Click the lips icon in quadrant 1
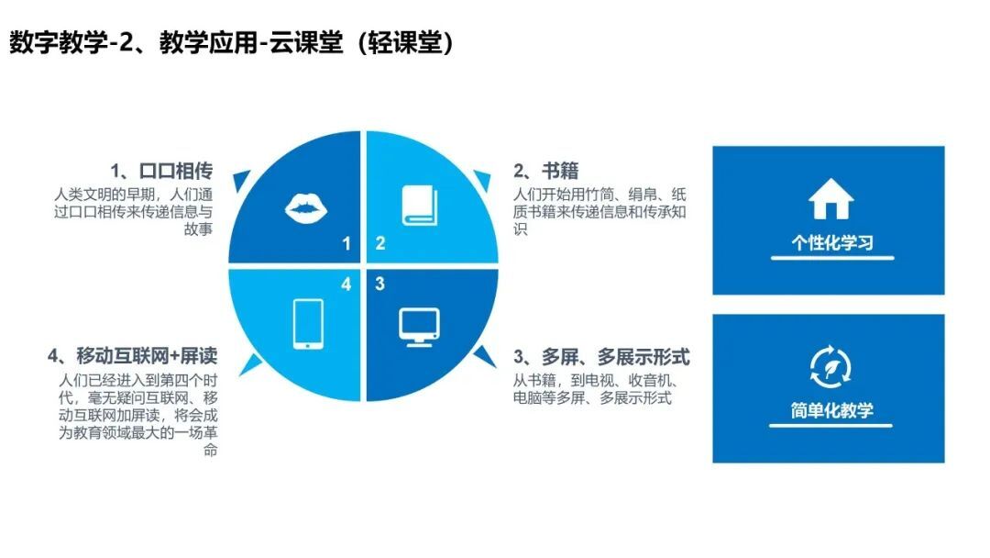pyautogui.click(x=306, y=208)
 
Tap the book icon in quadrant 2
pyautogui.click(x=420, y=205)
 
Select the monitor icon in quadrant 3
pyautogui.click(x=419, y=327)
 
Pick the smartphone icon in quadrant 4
pyautogui.click(x=308, y=324)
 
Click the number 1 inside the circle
pyautogui.click(x=346, y=243)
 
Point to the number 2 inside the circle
pyautogui.click(x=380, y=243)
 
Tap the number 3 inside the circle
pyautogui.click(x=379, y=284)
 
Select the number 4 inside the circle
pyautogui.click(x=346, y=285)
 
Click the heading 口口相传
pyautogui.click(x=175, y=171)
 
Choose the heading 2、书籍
pyautogui.click(x=545, y=171)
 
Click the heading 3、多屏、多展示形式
pyautogui.click(x=601, y=357)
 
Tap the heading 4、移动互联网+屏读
pyautogui.click(x=133, y=356)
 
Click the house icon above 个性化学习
pyautogui.click(x=830, y=198)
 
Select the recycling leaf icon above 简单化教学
pyautogui.click(x=830, y=366)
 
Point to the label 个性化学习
pyautogui.click(x=832, y=242)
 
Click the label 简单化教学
pyautogui.click(x=832, y=410)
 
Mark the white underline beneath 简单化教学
pyautogui.click(x=830, y=425)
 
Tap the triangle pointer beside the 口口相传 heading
pyautogui.click(x=240, y=180)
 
